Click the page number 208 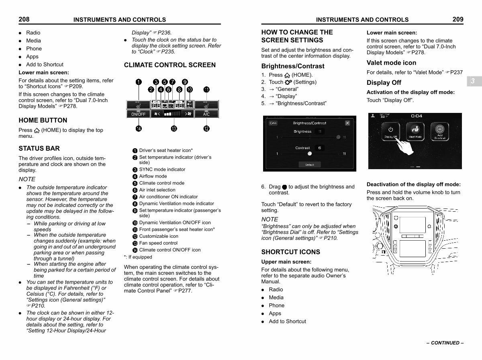tap(24, 19)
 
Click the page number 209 tap(457, 19)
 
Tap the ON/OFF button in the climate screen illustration tap(139, 114)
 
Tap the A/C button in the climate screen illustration tap(206, 114)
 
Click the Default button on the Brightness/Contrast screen tap(309, 165)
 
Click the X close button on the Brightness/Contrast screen tap(347, 123)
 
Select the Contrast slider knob tap(309, 153)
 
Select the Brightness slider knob tap(339, 137)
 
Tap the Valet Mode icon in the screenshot tap(415, 131)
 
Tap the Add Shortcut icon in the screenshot tap(440, 131)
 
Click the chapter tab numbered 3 tap(473, 81)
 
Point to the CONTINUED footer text tap(445, 343)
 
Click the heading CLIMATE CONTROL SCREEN tap(170, 65)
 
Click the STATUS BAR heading tap(39, 148)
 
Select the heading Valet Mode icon tap(391, 63)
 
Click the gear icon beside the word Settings tap(288, 82)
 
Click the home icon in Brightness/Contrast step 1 tap(287, 75)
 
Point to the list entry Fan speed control tap(158, 243)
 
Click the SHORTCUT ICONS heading tap(290, 252)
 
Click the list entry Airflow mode tap(153, 176)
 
